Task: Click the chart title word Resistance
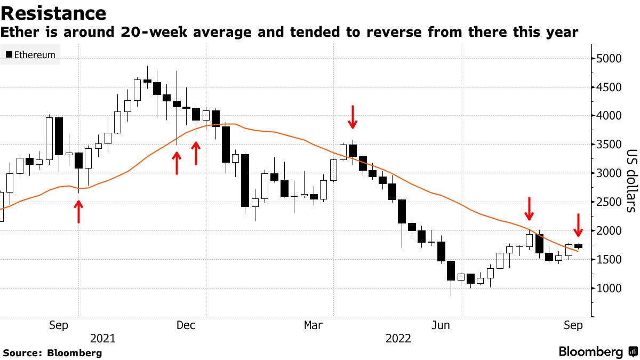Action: point(53,13)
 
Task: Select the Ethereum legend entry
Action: point(30,54)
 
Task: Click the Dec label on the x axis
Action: point(185,325)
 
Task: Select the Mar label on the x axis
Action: point(313,325)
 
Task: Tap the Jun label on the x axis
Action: point(441,325)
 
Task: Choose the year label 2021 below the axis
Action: point(103,339)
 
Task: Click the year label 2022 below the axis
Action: point(398,339)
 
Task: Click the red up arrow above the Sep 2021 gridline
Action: point(78,212)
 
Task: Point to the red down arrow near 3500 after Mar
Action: point(352,117)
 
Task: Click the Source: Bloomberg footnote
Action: point(52,353)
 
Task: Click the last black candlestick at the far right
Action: point(578,246)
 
